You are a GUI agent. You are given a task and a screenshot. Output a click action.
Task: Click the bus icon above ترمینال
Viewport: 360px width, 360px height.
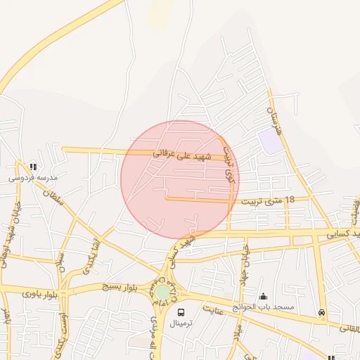click(182, 311)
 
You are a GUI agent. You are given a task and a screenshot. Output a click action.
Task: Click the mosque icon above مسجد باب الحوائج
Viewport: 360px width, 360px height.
click(264, 297)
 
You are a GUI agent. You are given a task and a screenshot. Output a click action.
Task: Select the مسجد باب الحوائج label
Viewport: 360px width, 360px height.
click(266, 308)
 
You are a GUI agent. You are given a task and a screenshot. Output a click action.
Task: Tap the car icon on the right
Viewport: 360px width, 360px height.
click(322, 312)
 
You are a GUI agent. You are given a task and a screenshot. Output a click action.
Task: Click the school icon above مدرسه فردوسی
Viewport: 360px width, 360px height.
click(33, 167)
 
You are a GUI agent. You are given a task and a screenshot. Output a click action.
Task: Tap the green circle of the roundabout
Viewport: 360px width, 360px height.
click(163, 291)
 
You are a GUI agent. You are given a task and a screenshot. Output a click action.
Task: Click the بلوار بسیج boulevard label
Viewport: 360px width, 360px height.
click(112, 287)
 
